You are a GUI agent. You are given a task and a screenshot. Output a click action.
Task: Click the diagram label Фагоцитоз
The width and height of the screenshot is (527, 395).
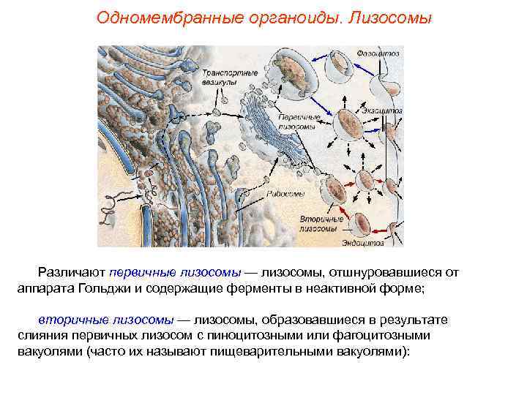tap(378, 54)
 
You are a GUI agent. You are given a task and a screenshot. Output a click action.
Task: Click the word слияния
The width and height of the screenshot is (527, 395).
tap(40, 335)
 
